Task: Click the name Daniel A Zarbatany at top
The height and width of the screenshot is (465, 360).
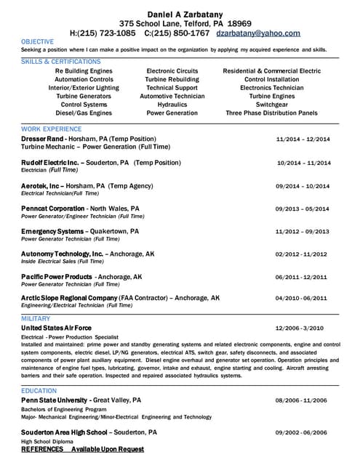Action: [x=180, y=14]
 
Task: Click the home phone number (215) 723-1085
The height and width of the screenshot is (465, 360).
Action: [x=107, y=33]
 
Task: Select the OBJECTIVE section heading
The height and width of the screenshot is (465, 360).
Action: [x=37, y=41]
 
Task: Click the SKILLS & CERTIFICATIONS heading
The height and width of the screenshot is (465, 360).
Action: [x=61, y=62]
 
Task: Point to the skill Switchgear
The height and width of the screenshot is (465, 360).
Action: [x=272, y=105]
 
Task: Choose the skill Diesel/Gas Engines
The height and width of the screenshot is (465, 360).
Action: [x=84, y=113]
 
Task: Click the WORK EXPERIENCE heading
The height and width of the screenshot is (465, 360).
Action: [x=51, y=129]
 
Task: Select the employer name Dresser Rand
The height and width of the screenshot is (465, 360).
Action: [x=44, y=138]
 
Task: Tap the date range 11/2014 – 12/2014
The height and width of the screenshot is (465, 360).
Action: [x=303, y=139]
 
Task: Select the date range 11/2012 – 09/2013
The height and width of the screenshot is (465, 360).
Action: [x=302, y=232]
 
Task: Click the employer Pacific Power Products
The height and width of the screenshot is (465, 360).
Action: [x=56, y=277]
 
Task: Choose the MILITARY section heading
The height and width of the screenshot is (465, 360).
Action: [x=36, y=318]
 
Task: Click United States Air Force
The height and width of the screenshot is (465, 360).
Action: [x=56, y=328]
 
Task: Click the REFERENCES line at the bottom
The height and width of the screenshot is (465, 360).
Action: [x=82, y=449]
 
